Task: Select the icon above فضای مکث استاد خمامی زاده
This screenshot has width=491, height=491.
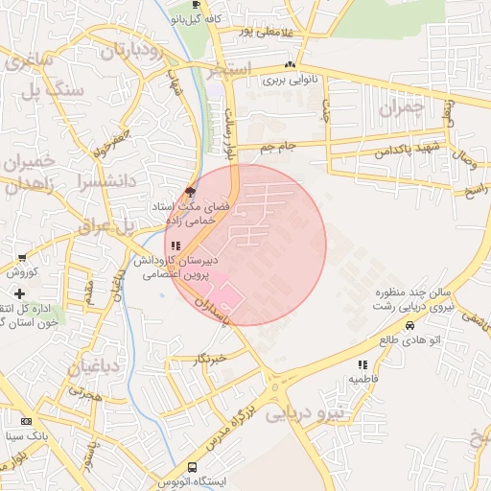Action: coord(190,192)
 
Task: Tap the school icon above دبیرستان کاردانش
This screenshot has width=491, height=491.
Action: coord(175,246)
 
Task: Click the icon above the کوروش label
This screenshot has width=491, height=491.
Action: coord(22,258)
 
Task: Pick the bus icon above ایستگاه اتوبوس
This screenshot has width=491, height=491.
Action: coord(193,466)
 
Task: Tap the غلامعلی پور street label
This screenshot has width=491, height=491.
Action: coord(251,33)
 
